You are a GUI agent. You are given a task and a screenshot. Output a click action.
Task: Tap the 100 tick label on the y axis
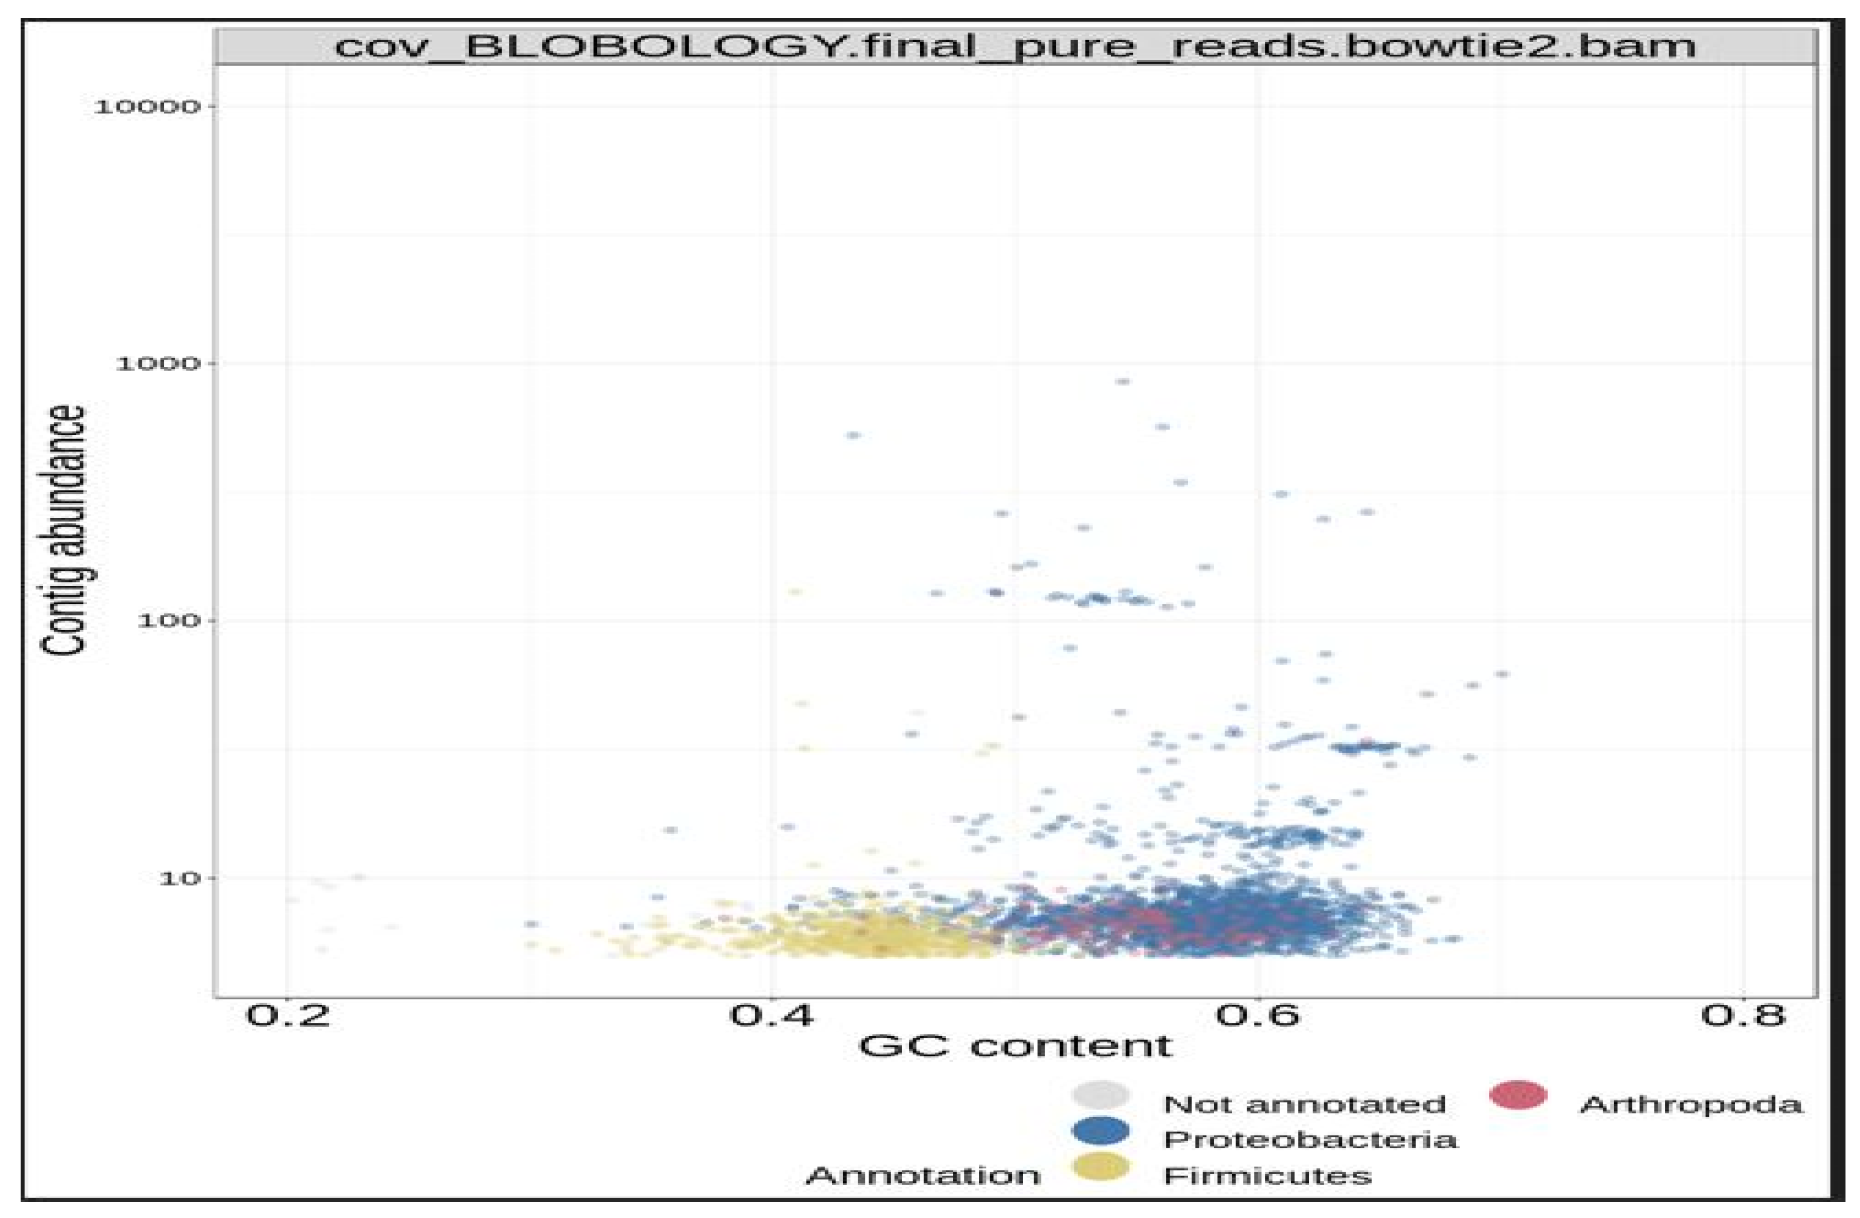click(x=168, y=620)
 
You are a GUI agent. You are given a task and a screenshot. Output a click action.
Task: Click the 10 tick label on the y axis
click(x=179, y=878)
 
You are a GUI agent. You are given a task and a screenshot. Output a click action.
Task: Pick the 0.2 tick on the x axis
click(x=287, y=1015)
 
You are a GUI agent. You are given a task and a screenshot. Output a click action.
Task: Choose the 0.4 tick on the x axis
click(x=771, y=1015)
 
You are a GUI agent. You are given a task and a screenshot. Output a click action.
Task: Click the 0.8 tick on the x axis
click(x=1743, y=1015)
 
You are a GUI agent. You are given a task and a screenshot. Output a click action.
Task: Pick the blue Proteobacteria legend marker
click(x=1100, y=1130)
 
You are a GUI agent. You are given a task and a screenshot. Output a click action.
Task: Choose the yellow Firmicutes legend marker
click(x=1100, y=1167)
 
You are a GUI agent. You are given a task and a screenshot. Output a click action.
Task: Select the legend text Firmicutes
click(x=1267, y=1176)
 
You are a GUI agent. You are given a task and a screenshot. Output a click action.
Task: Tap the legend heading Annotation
click(x=922, y=1176)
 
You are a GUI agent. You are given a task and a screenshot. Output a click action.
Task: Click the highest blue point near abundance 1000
click(x=1122, y=381)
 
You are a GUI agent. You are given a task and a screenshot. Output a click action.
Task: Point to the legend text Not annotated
click(x=1304, y=1105)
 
